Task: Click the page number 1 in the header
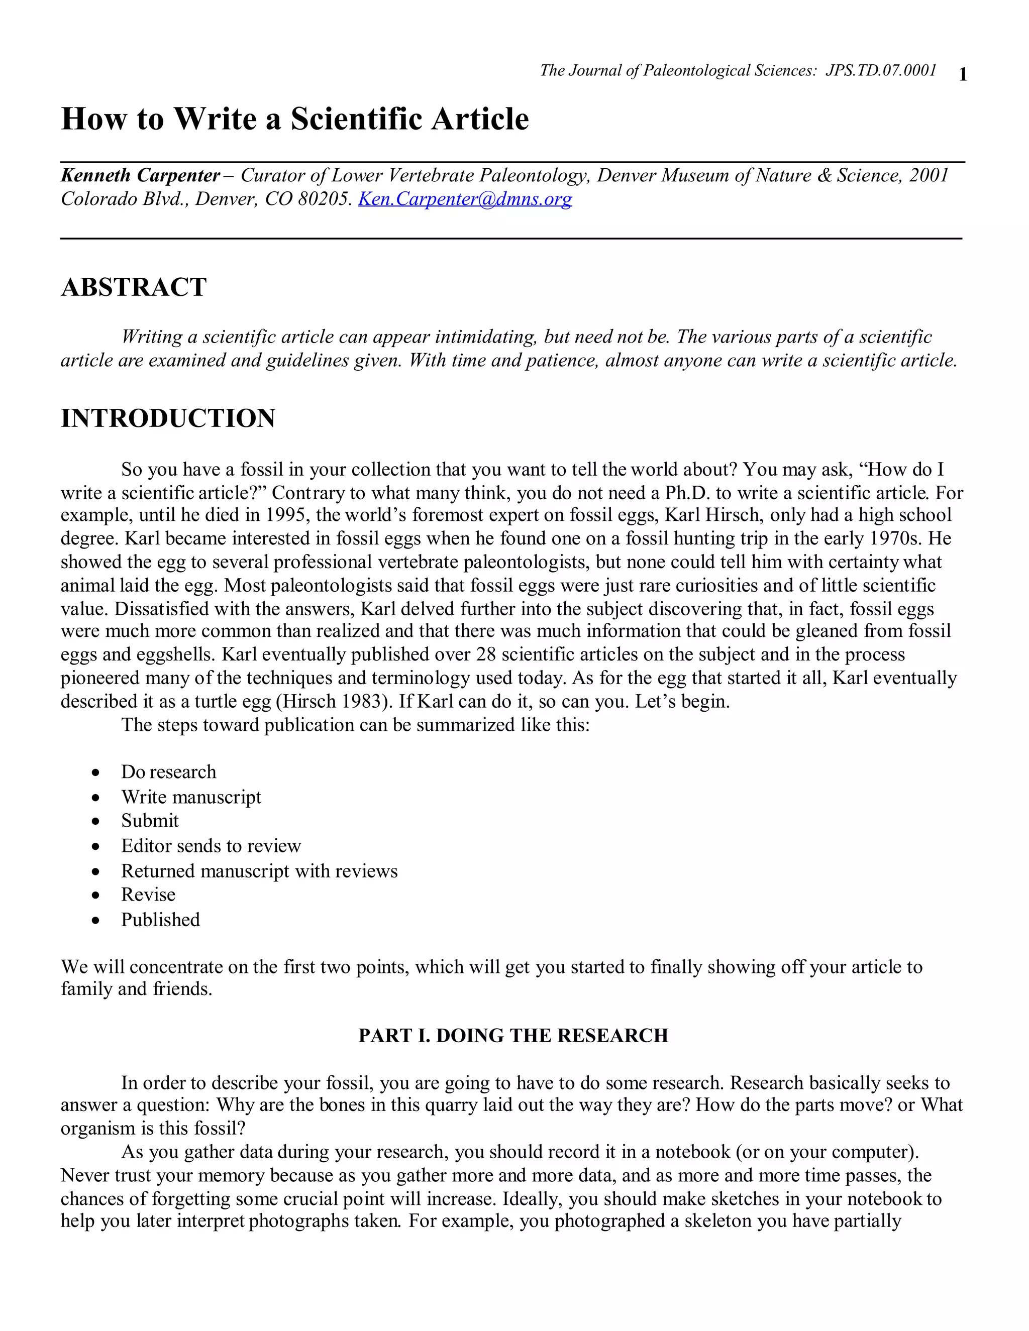pos(963,74)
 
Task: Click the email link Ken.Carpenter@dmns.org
pos(465,199)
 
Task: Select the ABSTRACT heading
pos(134,287)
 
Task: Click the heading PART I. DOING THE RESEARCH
pos(513,1036)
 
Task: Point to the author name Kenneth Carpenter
pos(140,175)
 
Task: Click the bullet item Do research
pos(168,771)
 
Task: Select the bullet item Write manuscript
pos(191,797)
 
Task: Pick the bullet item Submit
pos(149,821)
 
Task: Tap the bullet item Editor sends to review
pos(211,846)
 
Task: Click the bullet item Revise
pos(148,895)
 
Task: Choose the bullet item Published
pos(160,920)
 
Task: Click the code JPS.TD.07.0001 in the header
pos(881,71)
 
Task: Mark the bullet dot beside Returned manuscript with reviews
pos(95,872)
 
